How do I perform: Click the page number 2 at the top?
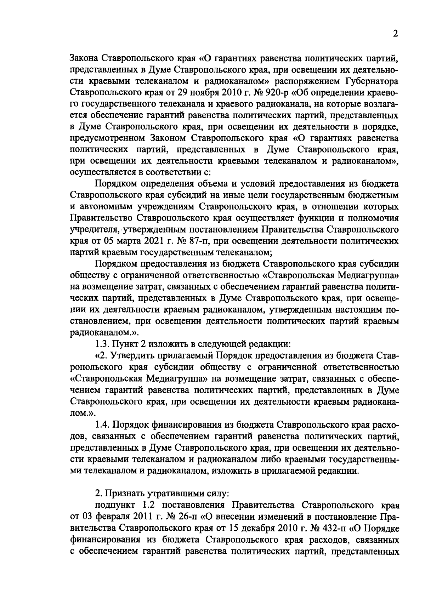(x=395, y=34)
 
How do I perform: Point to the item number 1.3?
(x=102, y=344)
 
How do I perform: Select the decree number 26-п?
(x=190, y=516)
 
